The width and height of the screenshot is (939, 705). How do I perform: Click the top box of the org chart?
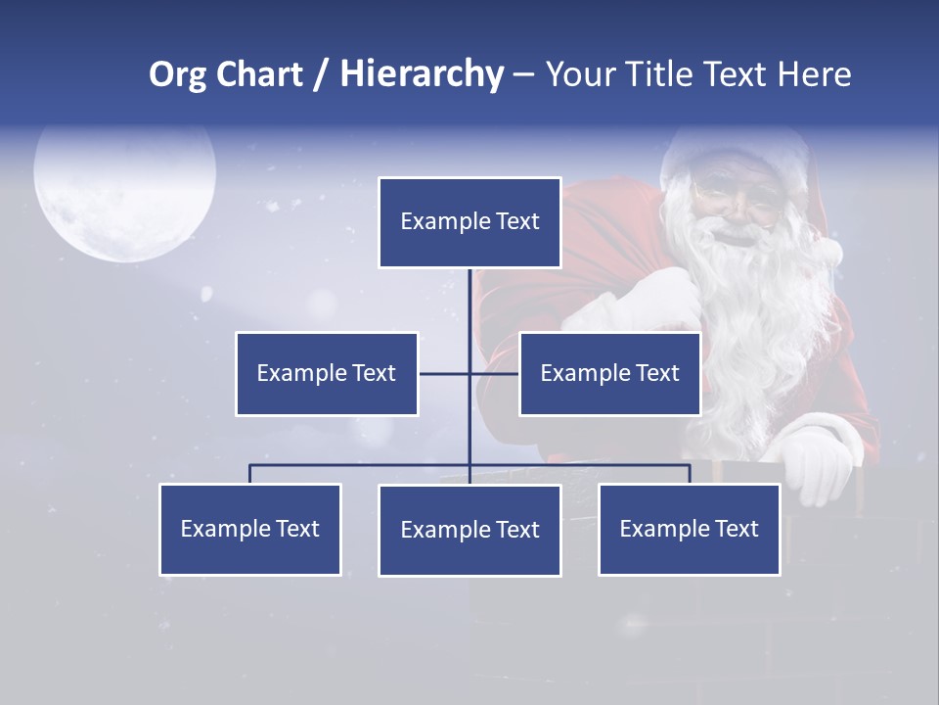click(469, 222)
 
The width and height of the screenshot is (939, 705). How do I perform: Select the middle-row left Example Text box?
click(327, 373)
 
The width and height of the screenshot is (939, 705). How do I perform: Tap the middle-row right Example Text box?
click(609, 373)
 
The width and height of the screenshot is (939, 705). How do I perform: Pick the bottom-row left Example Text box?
click(250, 529)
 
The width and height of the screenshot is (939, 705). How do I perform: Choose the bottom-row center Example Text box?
click(469, 530)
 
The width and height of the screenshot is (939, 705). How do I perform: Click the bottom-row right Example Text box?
click(689, 529)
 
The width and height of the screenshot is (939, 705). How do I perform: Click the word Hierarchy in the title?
click(422, 74)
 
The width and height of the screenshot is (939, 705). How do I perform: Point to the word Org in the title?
click(177, 74)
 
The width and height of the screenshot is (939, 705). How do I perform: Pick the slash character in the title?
click(321, 74)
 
